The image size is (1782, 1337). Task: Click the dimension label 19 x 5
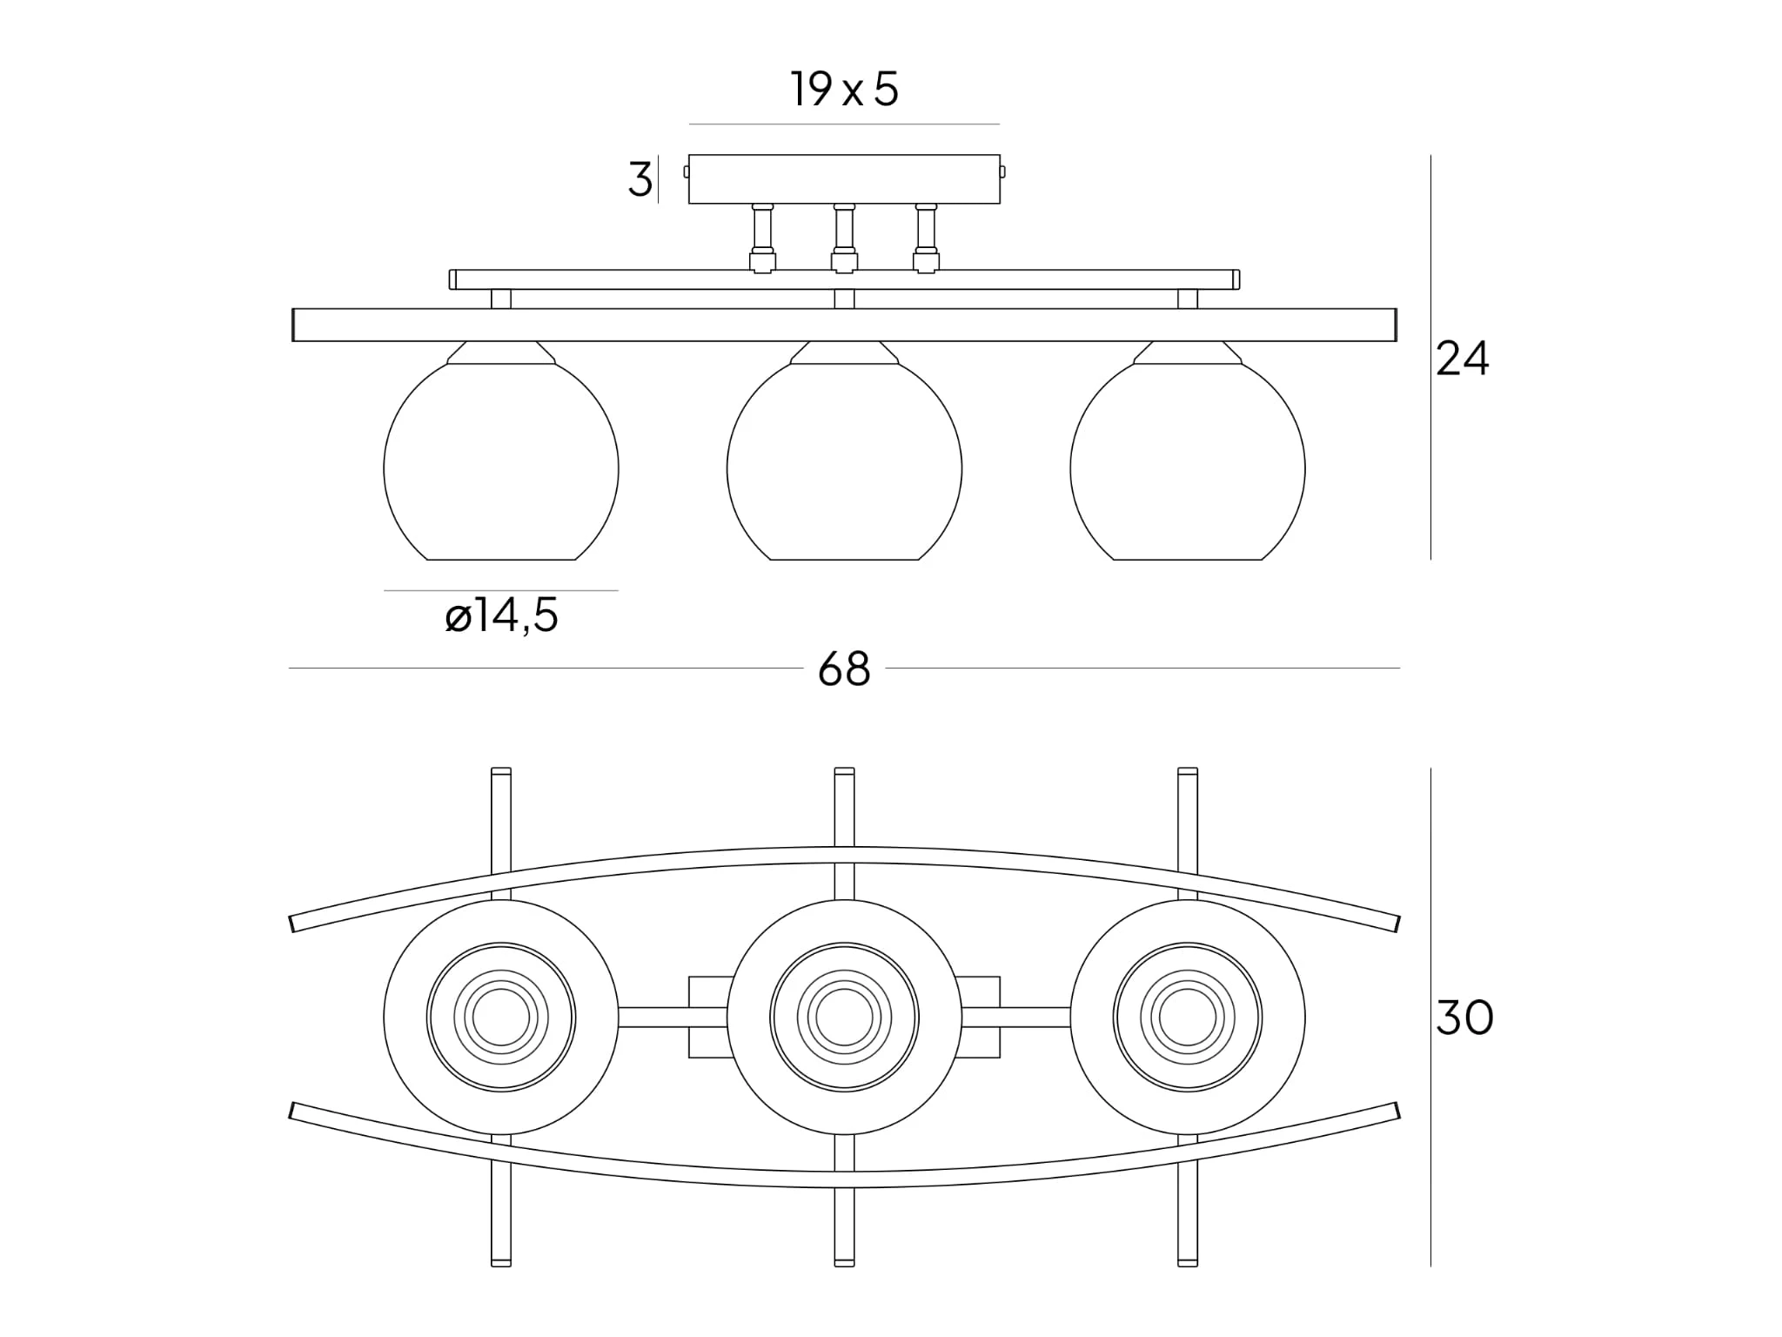(x=844, y=90)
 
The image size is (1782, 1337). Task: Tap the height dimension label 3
(x=640, y=180)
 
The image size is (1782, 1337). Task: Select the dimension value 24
(x=1462, y=359)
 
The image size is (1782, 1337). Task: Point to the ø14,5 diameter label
(x=501, y=616)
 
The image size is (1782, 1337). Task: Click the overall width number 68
(x=844, y=669)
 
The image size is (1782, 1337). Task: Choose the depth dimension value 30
(x=1464, y=1018)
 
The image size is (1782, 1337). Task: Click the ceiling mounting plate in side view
(x=844, y=179)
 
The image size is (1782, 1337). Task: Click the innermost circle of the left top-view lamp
(x=501, y=1018)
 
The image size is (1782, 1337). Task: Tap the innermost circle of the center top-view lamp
(x=844, y=1018)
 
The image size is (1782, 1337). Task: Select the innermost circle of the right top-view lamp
(x=1188, y=1018)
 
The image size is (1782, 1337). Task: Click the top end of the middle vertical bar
(x=844, y=773)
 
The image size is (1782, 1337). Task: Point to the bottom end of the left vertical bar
(x=501, y=1261)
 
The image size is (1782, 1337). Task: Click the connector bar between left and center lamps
(x=672, y=1018)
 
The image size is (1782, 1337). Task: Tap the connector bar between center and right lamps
(x=1016, y=1018)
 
